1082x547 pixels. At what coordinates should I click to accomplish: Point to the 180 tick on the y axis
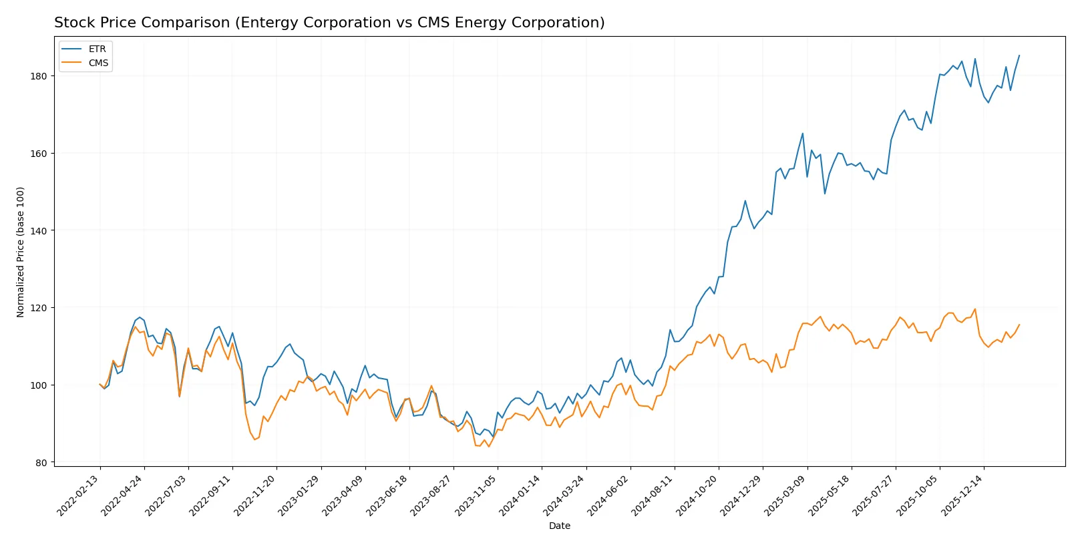(39, 76)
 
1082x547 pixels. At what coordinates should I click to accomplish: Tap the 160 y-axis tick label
(39, 154)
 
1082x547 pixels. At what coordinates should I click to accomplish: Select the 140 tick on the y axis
(39, 230)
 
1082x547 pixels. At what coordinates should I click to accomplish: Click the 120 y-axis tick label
(39, 308)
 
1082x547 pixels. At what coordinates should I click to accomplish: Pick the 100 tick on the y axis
(39, 385)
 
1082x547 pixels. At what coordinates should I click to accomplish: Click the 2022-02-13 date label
(79, 495)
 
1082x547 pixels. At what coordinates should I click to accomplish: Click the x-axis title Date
(559, 526)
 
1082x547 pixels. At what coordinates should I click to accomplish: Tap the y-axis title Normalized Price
(21, 252)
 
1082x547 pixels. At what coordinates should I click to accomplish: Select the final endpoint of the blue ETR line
(1019, 55)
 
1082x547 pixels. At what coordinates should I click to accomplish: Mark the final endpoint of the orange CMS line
(1019, 325)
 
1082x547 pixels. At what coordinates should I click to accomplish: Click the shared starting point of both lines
(100, 385)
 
